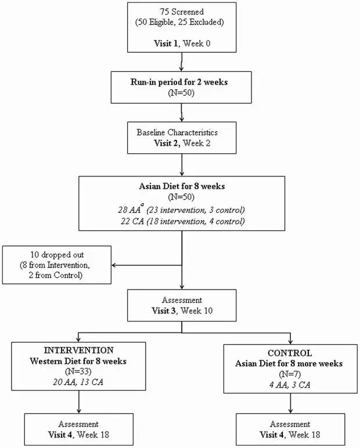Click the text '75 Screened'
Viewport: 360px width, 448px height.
point(182,12)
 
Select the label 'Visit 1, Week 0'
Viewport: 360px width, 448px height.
point(182,43)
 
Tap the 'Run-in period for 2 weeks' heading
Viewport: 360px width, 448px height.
point(179,82)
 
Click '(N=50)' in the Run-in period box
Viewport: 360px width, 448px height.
point(181,93)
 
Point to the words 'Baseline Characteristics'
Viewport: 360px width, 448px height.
point(177,132)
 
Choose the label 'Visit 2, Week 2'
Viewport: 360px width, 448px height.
point(182,143)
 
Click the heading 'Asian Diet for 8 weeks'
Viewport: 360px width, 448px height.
point(182,186)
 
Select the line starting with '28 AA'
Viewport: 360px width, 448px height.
point(181,209)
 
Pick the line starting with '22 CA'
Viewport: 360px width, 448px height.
point(182,221)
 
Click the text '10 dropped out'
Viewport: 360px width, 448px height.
point(57,255)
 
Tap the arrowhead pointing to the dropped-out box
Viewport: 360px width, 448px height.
point(113,265)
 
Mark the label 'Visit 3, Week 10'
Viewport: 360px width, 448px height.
point(182,310)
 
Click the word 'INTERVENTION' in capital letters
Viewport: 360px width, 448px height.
point(78,351)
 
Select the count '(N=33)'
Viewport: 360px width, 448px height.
point(78,371)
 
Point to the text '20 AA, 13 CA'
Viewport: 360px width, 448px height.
point(78,382)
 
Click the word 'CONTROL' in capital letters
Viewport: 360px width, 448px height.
point(290,353)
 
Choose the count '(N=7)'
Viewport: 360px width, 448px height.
point(290,374)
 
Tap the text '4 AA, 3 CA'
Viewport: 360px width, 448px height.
point(290,385)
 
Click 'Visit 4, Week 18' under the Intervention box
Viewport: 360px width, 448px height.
point(78,435)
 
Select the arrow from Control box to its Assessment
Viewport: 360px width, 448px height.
point(290,403)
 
